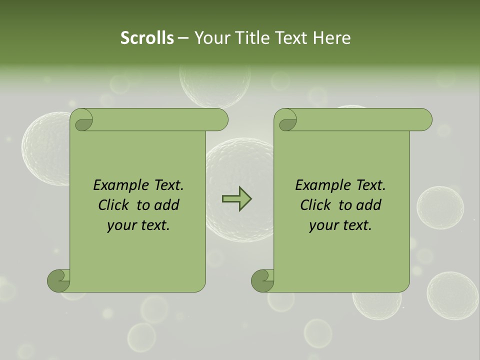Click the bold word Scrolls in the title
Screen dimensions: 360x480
click(147, 38)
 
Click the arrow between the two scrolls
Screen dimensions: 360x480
click(236, 198)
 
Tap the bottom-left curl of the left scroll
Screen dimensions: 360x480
click(58, 280)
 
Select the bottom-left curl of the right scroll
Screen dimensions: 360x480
click(262, 280)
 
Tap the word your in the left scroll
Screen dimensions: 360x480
click(120, 226)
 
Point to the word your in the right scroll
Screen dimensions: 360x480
click(322, 226)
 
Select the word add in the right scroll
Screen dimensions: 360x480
click(369, 205)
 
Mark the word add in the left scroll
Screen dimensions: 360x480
click(167, 205)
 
